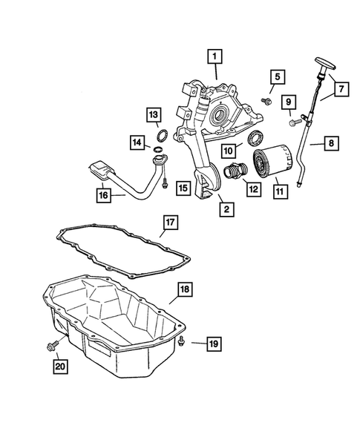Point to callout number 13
(152, 114)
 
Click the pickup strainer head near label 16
(103, 172)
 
